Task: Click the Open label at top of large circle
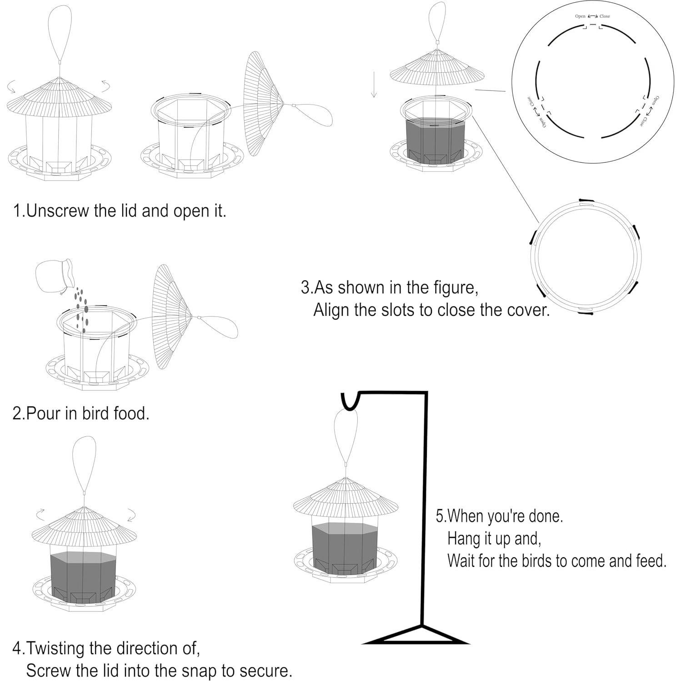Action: point(580,16)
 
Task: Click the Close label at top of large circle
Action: point(605,16)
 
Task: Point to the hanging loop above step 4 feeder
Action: point(85,464)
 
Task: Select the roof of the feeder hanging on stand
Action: point(346,498)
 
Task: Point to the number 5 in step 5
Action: point(440,516)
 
